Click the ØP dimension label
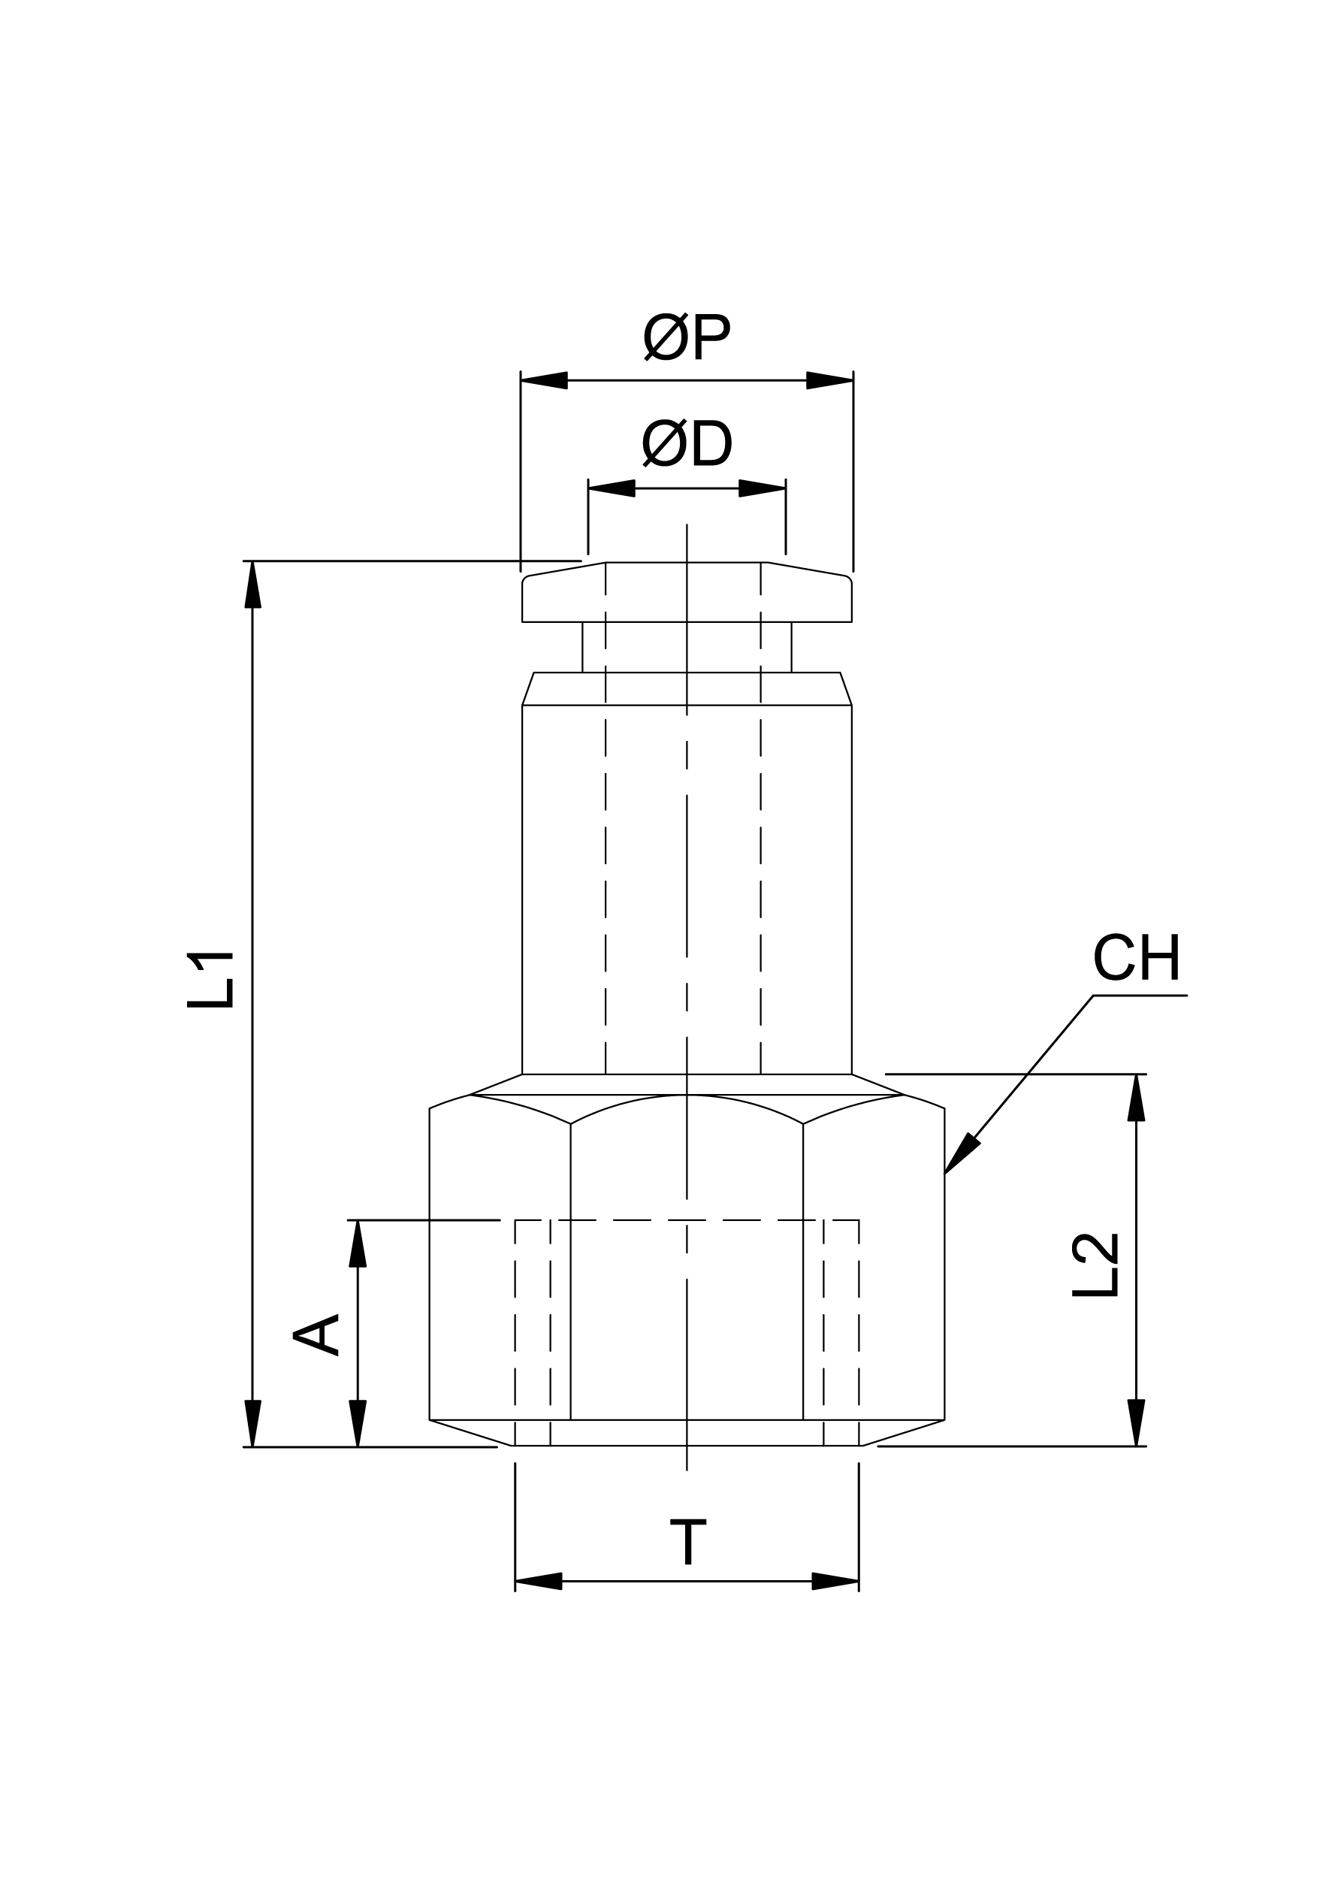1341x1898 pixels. [686, 337]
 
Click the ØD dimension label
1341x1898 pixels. [686, 444]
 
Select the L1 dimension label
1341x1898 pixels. [210, 981]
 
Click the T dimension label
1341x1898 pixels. [687, 1542]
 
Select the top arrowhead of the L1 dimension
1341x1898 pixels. [252, 585]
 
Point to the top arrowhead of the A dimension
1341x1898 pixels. [357, 1244]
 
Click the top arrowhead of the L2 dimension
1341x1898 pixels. [1136, 1099]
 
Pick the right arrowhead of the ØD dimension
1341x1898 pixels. [762, 488]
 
